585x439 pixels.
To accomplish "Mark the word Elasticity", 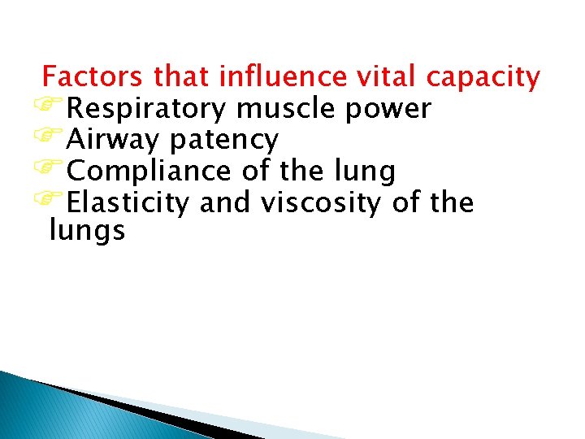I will pos(129,203).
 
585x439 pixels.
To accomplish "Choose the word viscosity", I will pos(321,203).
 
